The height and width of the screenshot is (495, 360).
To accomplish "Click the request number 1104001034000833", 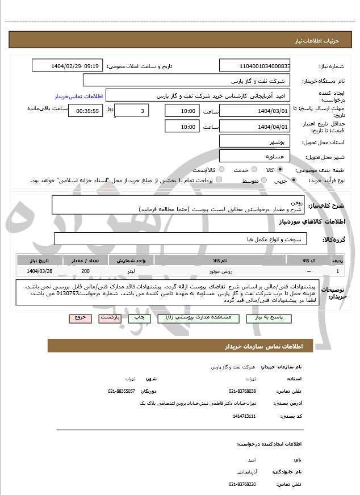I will [254, 66].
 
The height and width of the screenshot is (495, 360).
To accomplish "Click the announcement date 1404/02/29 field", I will [67, 66].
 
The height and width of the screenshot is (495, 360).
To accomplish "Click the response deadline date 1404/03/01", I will [254, 111].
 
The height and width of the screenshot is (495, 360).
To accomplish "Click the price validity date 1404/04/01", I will [254, 127].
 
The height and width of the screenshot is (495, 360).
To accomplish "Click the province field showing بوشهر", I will [254, 141].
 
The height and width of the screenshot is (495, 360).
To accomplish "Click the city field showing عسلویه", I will [254, 156].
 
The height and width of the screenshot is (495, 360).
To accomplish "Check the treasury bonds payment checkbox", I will [219, 181].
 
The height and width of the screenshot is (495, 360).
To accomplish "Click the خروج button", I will [80, 318].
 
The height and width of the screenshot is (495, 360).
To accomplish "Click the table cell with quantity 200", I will [85, 271].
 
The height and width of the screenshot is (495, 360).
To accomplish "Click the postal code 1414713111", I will [244, 416].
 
